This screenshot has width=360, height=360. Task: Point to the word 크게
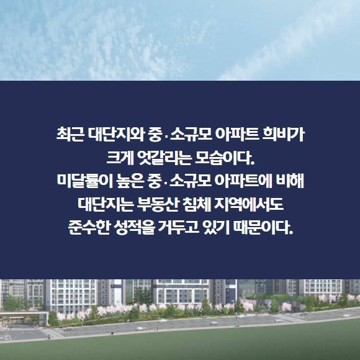120,158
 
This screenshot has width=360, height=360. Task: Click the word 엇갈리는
164,158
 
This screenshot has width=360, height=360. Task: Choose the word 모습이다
225,158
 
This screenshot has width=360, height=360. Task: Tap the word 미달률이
84,181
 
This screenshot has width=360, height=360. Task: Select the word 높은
130,181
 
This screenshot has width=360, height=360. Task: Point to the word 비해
290,181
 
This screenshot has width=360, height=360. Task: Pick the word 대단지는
106,204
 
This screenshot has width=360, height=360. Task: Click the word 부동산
158,204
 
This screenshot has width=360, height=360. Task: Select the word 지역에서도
249,204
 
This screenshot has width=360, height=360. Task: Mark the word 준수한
89,228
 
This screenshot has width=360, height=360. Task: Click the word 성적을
134,228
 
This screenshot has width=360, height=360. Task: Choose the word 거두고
179,228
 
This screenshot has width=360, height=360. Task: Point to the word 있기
217,228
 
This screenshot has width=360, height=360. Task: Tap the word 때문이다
263,228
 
